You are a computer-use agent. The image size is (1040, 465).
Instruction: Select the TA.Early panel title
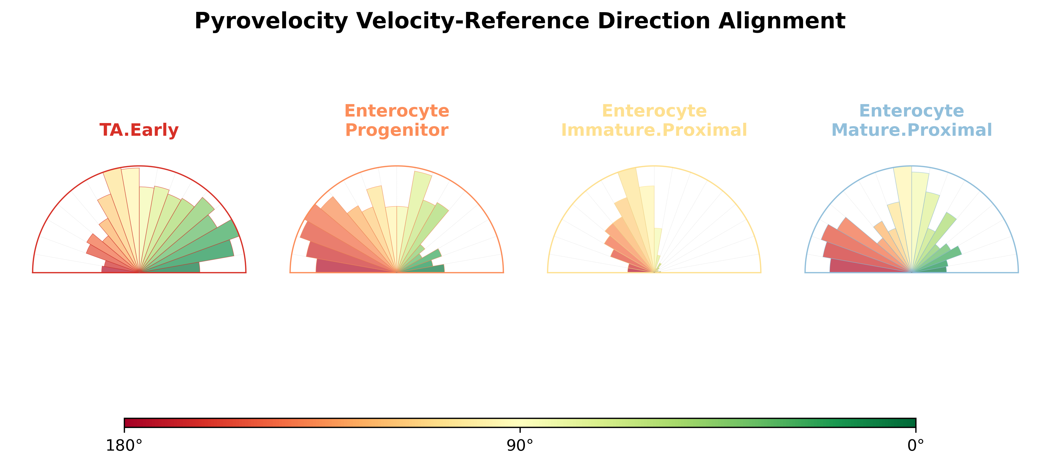139,130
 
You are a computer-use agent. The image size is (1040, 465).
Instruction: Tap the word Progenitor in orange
396,130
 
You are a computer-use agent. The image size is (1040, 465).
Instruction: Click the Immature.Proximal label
654,130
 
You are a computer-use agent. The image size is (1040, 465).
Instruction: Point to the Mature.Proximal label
912,130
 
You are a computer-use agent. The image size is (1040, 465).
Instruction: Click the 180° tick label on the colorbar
124,445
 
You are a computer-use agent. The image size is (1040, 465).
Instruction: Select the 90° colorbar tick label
520,445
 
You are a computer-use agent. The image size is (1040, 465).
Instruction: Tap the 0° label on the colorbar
916,445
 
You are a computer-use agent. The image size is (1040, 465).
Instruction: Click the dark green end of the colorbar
911,423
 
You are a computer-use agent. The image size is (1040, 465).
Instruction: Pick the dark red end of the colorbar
129,423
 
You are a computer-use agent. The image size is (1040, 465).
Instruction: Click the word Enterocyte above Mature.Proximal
912,111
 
